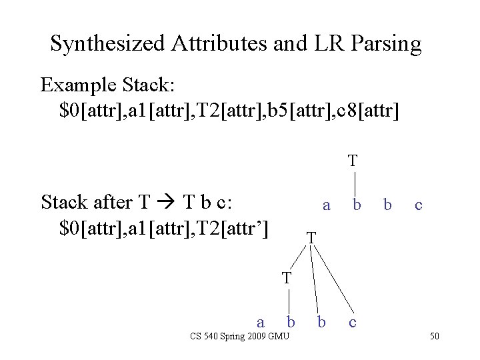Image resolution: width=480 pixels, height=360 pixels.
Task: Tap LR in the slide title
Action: (x=321, y=44)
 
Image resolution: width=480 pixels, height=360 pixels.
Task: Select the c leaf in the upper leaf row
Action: (x=417, y=206)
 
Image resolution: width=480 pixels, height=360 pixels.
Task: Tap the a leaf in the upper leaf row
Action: (x=325, y=206)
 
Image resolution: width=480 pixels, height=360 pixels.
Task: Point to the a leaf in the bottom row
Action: (x=261, y=323)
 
